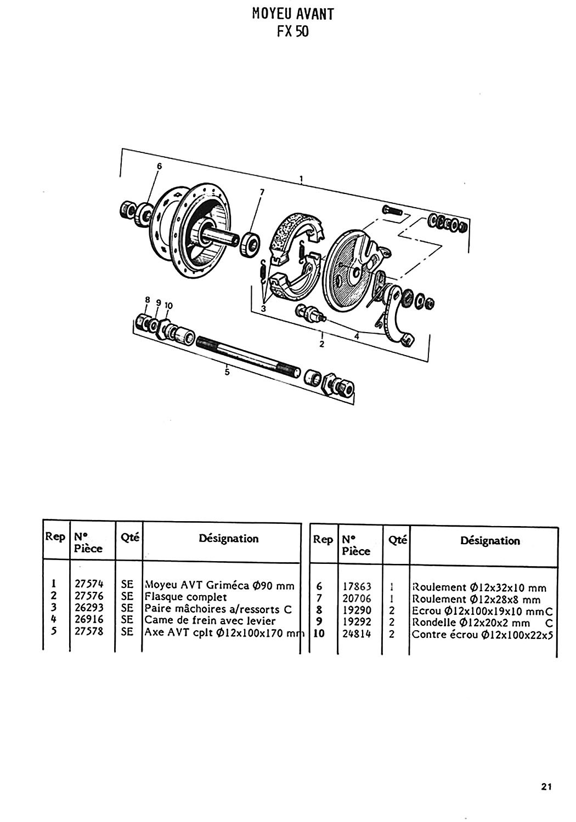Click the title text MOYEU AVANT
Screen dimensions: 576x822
coord(293,14)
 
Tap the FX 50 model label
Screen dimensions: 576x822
coord(293,32)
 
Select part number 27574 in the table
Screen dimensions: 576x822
coord(89,584)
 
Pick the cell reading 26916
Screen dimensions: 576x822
coord(89,619)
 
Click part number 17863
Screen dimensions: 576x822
coord(357,586)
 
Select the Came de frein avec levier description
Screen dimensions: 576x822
coord(210,620)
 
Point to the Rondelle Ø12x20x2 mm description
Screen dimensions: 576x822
coord(471,623)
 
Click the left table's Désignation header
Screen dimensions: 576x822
coord(229,538)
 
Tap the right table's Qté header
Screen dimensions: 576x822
coord(398,540)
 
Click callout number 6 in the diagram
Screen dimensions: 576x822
coord(159,166)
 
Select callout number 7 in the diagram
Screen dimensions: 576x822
coord(262,192)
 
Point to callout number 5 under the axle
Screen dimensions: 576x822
coord(227,372)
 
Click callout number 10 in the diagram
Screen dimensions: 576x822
coord(168,306)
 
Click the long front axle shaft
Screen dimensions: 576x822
coord(247,357)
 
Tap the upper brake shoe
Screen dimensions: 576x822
coord(294,235)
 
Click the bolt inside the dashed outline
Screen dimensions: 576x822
coord(393,211)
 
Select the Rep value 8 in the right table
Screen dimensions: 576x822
coord(319,610)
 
